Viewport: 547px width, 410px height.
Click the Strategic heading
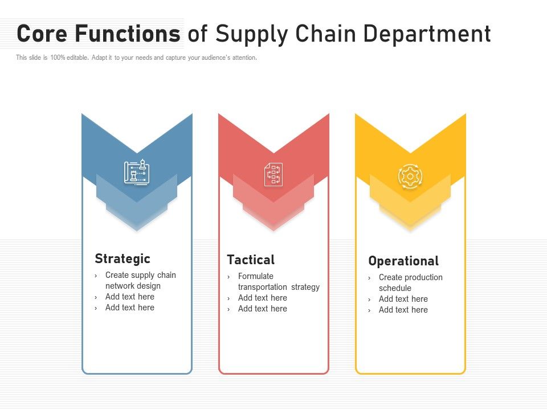pos(123,259)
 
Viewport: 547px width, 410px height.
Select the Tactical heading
pos(251,260)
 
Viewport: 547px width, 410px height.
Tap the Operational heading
pos(403,261)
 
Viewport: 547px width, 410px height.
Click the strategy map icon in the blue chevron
pos(137,173)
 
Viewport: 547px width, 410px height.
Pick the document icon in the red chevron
pos(273,174)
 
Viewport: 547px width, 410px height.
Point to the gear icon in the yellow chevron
pos(410,177)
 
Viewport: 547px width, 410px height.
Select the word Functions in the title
pos(128,34)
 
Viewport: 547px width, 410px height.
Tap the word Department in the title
pos(427,34)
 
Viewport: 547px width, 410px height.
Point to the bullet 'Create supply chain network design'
pos(140,281)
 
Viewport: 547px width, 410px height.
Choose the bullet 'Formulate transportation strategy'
pos(279,282)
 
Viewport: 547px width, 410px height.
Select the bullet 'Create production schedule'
pos(410,283)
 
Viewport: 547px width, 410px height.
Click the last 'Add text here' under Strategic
pos(130,307)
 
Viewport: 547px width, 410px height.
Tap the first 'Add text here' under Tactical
pos(263,298)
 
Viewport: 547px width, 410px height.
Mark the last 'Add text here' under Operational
pos(403,310)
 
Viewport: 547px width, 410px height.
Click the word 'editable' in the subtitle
pos(77,58)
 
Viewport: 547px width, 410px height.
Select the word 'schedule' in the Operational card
pos(395,288)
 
